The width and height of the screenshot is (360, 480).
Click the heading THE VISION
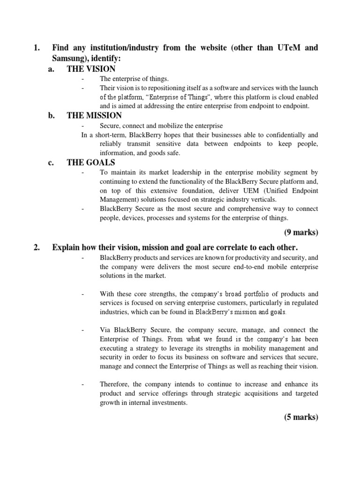[91, 69]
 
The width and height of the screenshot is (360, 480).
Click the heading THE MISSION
[94, 115]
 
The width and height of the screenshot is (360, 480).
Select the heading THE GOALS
[91, 163]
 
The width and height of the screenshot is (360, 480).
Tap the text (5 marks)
[301, 418]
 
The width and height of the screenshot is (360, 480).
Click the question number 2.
[37, 247]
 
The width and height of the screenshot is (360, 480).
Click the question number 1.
[37, 47]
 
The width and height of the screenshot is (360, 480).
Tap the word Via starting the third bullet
[105, 330]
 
